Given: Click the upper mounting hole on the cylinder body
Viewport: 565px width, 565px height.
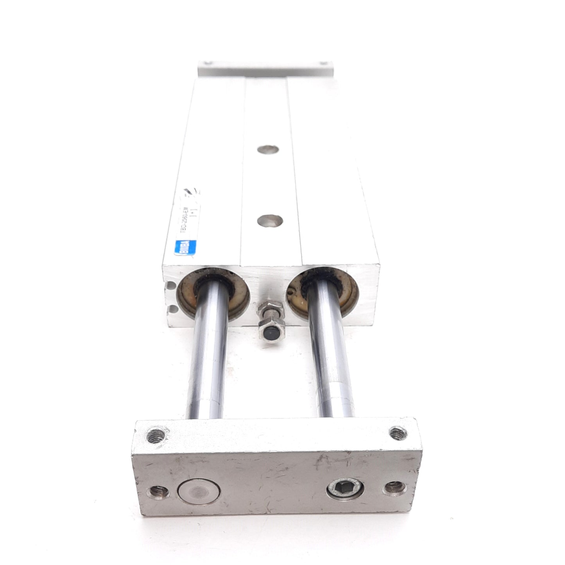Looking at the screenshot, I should coord(269,149).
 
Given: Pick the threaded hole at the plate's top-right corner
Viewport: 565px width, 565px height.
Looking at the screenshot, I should coord(397,432).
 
